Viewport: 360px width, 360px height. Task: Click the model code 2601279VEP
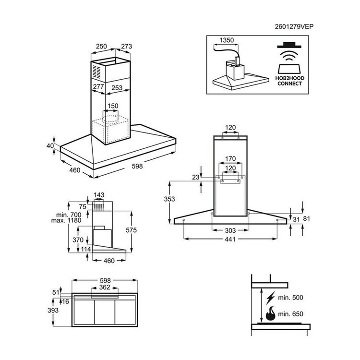point(294,26)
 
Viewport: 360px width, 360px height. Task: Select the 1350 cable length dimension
point(227,40)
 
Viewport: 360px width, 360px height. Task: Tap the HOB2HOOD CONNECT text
point(289,81)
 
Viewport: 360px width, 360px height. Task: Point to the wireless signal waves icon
point(289,56)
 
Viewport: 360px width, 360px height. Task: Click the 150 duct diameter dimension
point(113,106)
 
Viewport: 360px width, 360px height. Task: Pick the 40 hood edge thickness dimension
point(50,145)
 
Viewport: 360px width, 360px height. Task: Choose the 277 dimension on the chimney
point(98,86)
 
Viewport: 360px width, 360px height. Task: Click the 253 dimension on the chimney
point(117,88)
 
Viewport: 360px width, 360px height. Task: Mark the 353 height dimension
point(169,199)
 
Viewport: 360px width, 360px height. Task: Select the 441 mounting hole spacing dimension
point(230,239)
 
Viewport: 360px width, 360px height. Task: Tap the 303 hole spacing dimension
point(230,230)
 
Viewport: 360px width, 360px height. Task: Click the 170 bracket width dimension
point(230,159)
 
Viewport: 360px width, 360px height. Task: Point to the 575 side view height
point(131,230)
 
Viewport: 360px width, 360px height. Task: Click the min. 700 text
point(69,215)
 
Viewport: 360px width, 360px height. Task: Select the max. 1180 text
point(66,220)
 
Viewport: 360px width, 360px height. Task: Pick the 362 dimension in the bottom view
point(105,287)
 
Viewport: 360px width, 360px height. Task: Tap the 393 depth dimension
point(53,310)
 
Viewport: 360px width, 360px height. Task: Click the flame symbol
point(270,313)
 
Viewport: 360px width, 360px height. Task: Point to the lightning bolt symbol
point(271,298)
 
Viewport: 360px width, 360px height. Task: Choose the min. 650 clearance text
point(291,314)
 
